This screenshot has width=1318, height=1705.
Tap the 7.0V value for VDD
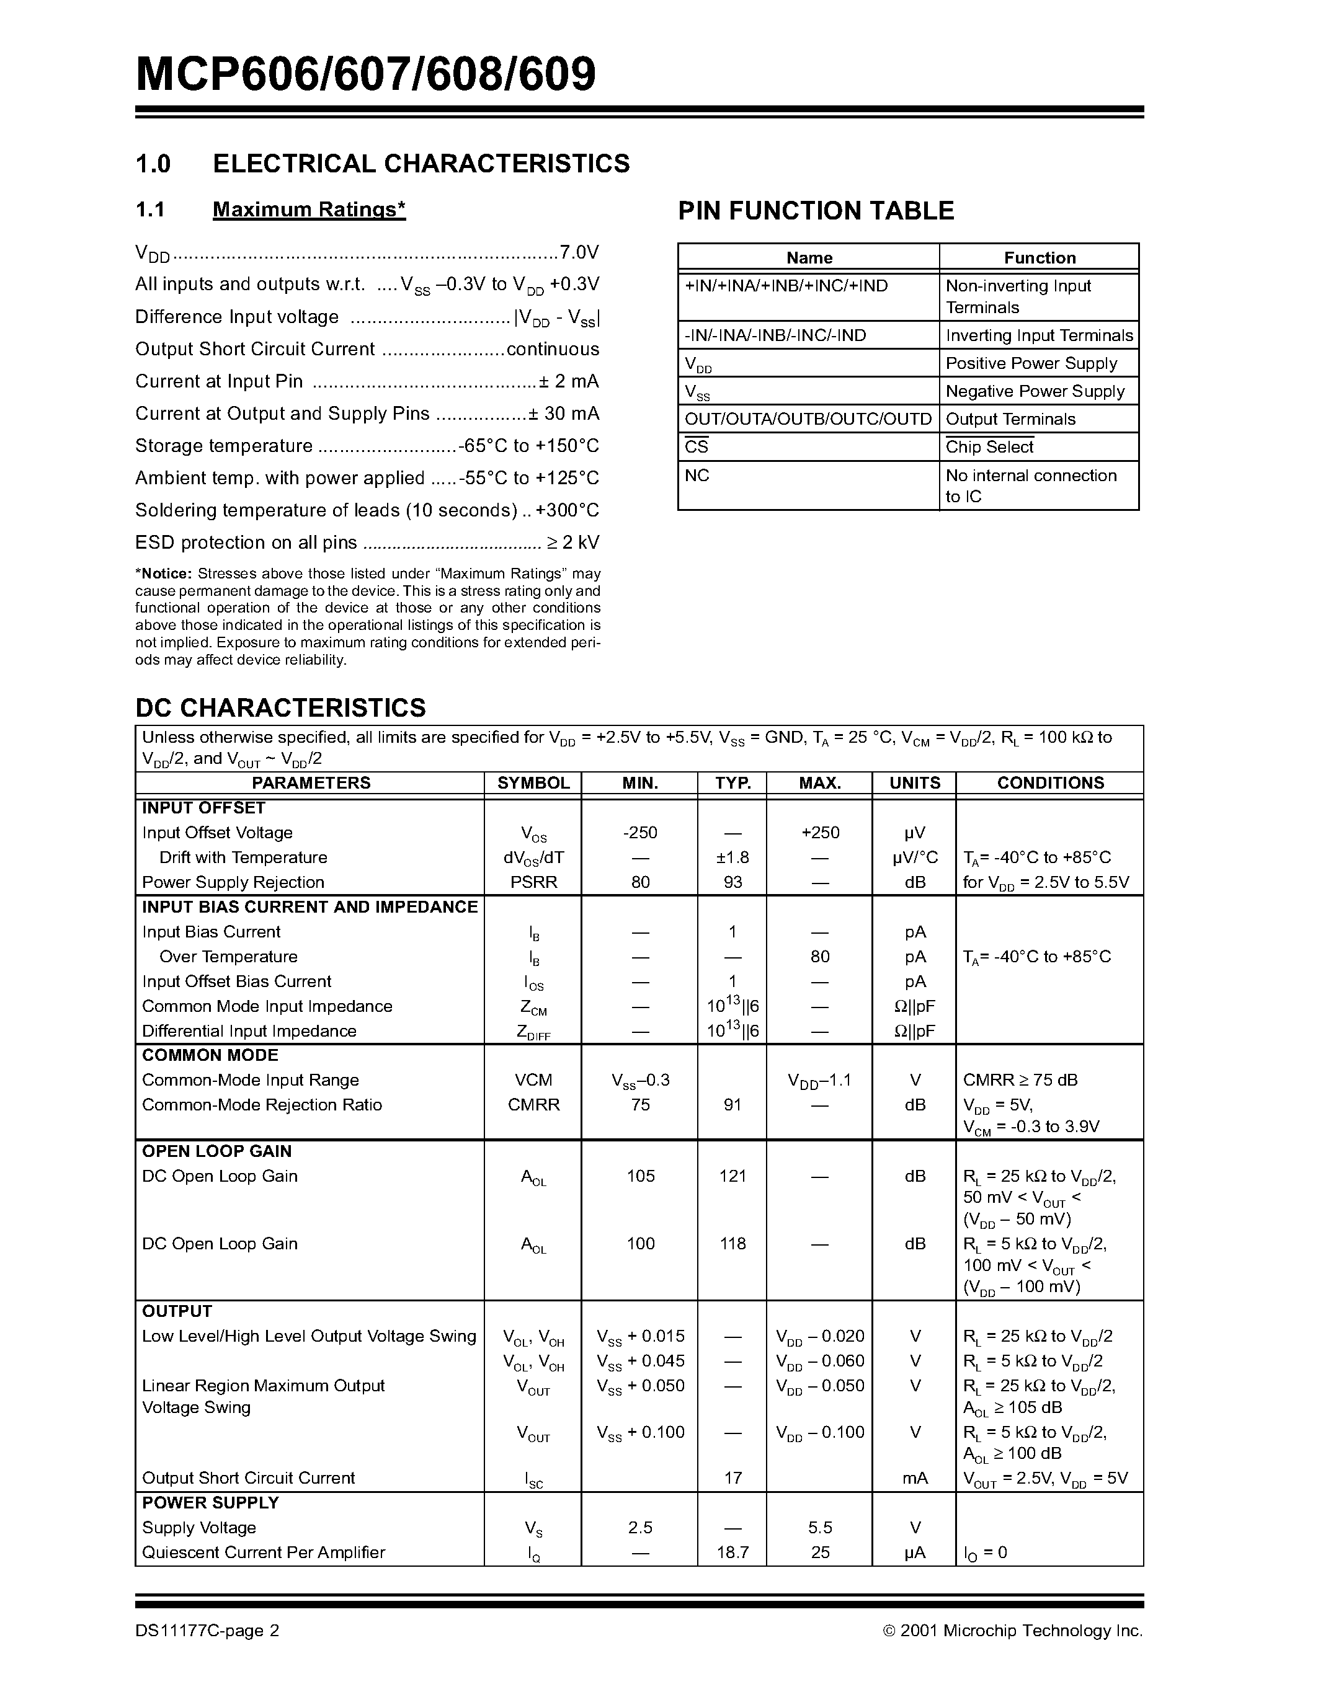579,252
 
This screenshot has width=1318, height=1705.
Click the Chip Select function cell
989,447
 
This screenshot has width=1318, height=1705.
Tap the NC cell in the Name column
697,476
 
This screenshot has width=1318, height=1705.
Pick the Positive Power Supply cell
1031,364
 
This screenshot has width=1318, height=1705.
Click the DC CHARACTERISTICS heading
280,708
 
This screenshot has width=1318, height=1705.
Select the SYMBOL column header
533,783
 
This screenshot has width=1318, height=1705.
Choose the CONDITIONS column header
1049,783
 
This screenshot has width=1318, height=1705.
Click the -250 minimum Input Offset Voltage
639,833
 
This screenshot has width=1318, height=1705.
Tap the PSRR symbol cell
533,882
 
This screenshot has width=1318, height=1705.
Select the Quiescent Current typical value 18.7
732,1552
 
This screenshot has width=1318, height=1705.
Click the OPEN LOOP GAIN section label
216,1151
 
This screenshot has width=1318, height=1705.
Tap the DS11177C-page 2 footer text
207,1630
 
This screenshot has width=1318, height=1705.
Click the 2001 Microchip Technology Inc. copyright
1013,1630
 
